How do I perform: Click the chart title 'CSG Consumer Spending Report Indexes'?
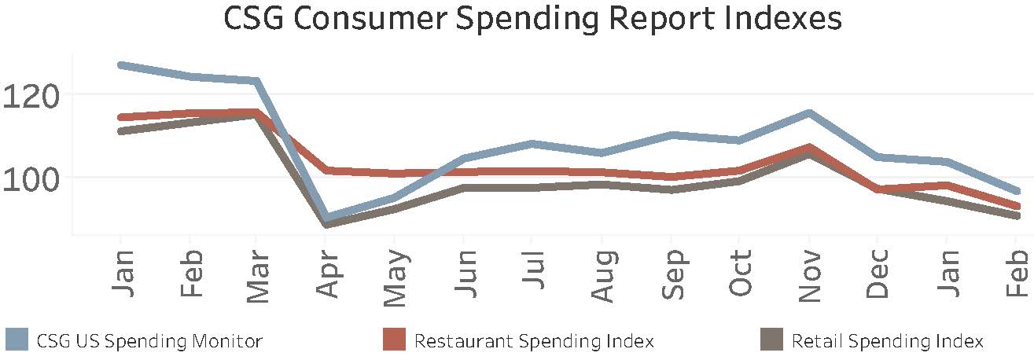coord(532,20)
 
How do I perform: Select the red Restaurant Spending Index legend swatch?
coord(395,340)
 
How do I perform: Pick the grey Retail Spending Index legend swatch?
coord(772,340)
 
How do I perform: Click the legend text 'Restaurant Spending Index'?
coord(534,341)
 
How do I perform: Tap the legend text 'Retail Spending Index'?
coord(887,341)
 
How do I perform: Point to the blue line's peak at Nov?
coord(809,113)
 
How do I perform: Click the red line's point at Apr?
coord(326,170)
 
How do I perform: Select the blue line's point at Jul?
coord(533,144)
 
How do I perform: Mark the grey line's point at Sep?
coord(672,189)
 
